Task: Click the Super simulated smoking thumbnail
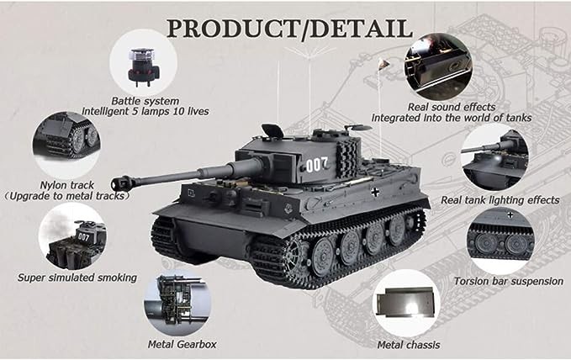(x=72, y=236)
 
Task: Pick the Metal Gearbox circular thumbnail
(x=178, y=303)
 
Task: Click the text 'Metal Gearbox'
(x=184, y=344)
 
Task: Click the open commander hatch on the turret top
(x=272, y=130)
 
